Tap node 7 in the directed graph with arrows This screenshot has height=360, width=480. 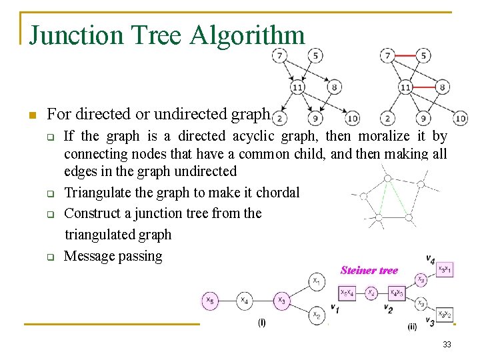[x=281, y=55]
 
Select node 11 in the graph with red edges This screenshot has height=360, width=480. [x=405, y=87]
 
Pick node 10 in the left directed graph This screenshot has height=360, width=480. [x=351, y=119]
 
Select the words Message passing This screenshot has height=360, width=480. [x=113, y=256]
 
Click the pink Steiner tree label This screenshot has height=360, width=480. [x=369, y=270]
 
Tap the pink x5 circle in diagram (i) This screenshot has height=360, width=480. [x=210, y=301]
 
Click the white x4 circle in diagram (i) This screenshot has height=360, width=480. [x=245, y=301]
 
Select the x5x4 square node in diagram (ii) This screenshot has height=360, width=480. [x=347, y=292]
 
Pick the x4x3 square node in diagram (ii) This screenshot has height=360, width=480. [x=397, y=293]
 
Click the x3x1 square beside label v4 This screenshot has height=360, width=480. [x=444, y=269]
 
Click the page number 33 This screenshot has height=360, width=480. [x=446, y=345]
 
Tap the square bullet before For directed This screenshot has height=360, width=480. [x=31, y=115]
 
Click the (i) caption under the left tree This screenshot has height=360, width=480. [x=261, y=323]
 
